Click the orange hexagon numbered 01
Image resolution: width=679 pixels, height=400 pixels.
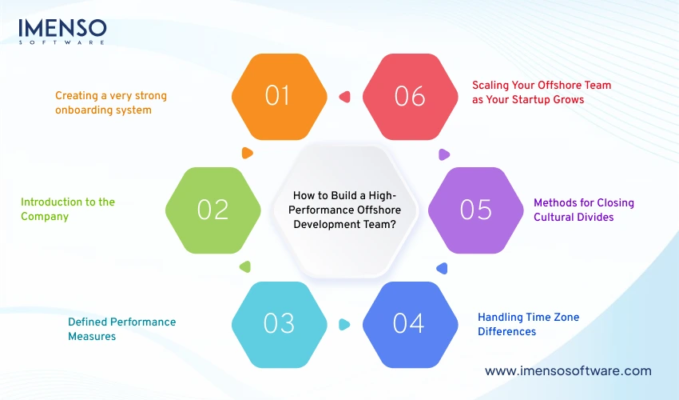279,96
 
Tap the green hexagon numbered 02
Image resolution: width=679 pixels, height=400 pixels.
213,210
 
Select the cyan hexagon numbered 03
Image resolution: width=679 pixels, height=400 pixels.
279,323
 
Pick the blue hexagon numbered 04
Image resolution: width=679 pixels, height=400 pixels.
409,323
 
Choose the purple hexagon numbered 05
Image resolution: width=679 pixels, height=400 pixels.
475,210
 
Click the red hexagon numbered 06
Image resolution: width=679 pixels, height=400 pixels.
410,96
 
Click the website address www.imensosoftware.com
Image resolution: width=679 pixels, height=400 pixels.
568,371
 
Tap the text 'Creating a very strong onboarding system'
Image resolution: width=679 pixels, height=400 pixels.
111,102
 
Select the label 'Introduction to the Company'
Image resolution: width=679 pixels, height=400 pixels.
68,209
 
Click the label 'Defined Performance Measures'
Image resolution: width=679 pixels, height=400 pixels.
121,329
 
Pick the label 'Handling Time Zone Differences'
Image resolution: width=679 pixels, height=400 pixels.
528,324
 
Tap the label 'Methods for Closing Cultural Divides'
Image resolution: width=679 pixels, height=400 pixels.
584,210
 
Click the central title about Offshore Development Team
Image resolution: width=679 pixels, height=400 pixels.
344,210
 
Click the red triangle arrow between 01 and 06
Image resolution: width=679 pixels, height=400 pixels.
344,97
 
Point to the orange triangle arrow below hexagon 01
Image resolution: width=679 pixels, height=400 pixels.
247,152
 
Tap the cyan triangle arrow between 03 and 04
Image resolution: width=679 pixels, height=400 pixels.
344,324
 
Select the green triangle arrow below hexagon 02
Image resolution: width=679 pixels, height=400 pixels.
246,267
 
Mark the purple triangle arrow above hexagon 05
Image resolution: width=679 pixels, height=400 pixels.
442,154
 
